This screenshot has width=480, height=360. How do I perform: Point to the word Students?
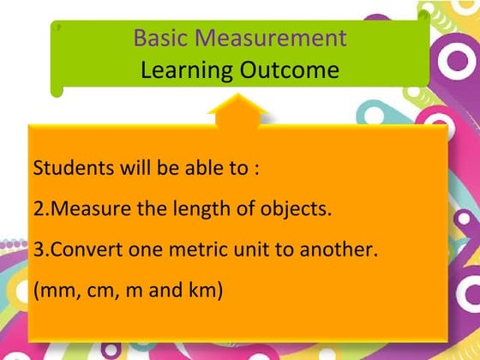pyautogui.click(x=71, y=167)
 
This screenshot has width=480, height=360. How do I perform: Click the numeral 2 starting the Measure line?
pyautogui.click(x=38, y=208)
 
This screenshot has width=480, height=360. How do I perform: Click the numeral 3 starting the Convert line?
pyautogui.click(x=38, y=249)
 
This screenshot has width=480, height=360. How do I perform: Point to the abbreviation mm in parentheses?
pyautogui.click(x=53, y=291)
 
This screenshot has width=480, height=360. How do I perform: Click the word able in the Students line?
pyautogui.click(x=195, y=167)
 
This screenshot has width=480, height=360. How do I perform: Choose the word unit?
pyautogui.click(x=250, y=249)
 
